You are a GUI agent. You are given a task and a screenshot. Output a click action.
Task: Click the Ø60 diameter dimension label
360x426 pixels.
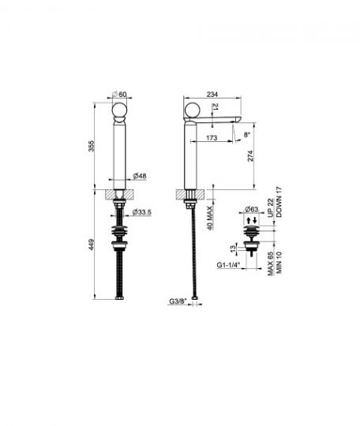pyautogui.click(x=119, y=95)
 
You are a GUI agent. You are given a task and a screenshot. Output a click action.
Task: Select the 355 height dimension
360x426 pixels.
pyautogui.click(x=92, y=146)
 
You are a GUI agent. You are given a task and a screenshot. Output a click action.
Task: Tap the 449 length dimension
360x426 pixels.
pyautogui.click(x=92, y=245)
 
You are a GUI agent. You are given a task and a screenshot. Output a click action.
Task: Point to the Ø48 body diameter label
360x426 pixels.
pyautogui.click(x=140, y=176)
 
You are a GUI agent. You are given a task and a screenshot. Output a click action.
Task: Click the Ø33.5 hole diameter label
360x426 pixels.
pyautogui.click(x=141, y=212)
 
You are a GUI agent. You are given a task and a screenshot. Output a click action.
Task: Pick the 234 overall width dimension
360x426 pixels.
pyautogui.click(x=212, y=95)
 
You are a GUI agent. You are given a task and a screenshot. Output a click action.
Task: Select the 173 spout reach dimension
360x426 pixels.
pyautogui.click(x=212, y=138)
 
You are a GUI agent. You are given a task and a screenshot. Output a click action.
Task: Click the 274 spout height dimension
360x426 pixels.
pyautogui.click(x=250, y=156)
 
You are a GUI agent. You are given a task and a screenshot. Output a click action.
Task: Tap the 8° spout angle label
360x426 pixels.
pyautogui.click(x=246, y=134)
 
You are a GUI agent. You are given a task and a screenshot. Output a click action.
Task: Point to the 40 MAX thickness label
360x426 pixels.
pyautogui.click(x=210, y=219)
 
